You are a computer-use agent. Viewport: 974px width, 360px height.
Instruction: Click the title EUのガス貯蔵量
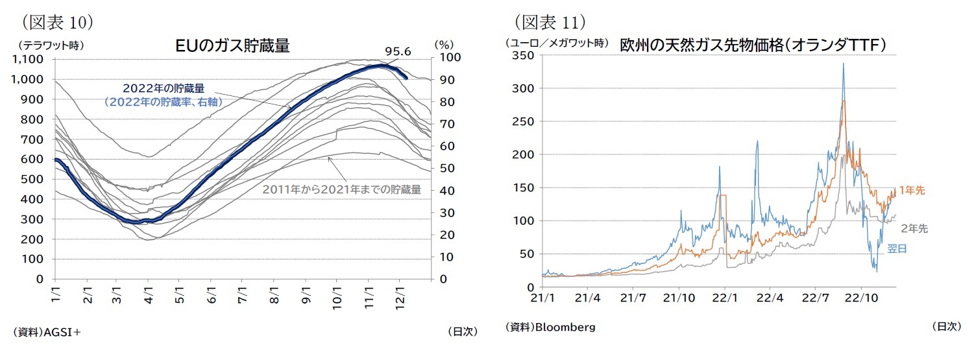click(232, 46)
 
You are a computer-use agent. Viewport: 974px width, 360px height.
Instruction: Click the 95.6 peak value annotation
click(398, 51)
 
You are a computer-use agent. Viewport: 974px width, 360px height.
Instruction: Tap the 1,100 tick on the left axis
click(28, 60)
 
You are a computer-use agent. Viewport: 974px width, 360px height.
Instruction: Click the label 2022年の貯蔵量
click(164, 88)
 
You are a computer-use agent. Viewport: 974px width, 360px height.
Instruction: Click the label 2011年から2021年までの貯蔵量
click(342, 190)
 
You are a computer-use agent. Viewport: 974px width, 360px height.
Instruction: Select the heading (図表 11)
click(550, 22)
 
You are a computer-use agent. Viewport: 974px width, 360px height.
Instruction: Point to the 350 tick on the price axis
click(522, 56)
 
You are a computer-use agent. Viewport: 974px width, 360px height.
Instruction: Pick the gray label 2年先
click(914, 228)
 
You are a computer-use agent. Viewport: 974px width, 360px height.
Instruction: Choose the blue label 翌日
click(897, 248)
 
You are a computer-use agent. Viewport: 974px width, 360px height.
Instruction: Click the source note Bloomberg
click(550, 327)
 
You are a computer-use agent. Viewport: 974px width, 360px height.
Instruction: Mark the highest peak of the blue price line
click(843, 64)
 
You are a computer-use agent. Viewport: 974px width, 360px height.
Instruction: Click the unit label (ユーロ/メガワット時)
click(557, 43)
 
